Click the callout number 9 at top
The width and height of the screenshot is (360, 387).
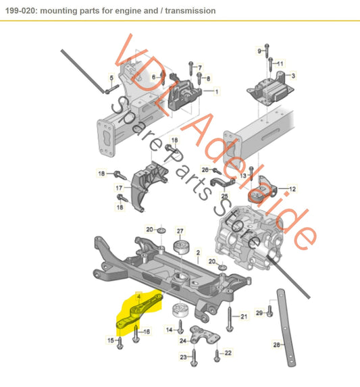pyautogui.click(x=258, y=51)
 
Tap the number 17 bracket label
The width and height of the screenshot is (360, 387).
pyautogui.click(x=118, y=187)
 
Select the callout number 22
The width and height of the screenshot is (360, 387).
pyautogui.click(x=228, y=353)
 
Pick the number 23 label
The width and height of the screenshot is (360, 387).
pyautogui.click(x=182, y=357)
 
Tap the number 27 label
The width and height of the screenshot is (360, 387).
pyautogui.click(x=180, y=230)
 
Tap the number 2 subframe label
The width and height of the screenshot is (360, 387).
pyautogui.click(x=198, y=253)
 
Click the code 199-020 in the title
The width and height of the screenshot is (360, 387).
pyautogui.click(x=21, y=11)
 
